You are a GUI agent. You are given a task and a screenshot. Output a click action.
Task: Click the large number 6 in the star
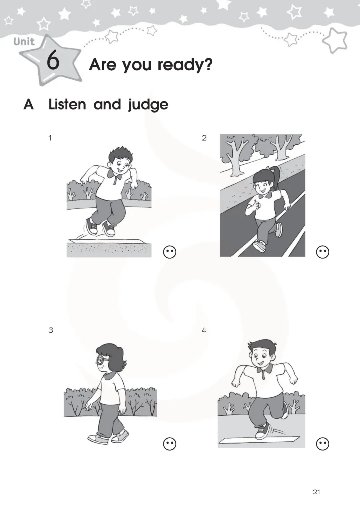click(53, 60)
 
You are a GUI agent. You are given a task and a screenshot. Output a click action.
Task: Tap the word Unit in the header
click(24, 42)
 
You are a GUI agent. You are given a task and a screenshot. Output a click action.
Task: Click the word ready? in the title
click(185, 65)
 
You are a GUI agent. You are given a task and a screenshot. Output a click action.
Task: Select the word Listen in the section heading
click(67, 104)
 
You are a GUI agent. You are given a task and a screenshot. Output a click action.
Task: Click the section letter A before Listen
click(29, 105)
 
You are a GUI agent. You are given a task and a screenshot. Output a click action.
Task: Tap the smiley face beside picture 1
click(170, 252)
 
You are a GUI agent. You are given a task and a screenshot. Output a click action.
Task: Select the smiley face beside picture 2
click(323, 252)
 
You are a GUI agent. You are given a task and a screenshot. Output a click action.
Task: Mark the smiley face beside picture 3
click(170, 444)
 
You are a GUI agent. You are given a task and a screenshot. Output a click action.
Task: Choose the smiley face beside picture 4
click(323, 444)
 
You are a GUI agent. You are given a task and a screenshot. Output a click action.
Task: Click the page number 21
click(316, 492)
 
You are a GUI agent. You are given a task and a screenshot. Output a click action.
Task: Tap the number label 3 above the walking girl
click(51, 330)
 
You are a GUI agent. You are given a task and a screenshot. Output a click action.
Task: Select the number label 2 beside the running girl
click(204, 138)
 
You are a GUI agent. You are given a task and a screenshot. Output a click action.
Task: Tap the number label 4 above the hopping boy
click(204, 330)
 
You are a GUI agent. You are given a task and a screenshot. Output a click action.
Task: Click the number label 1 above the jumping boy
click(50, 138)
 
